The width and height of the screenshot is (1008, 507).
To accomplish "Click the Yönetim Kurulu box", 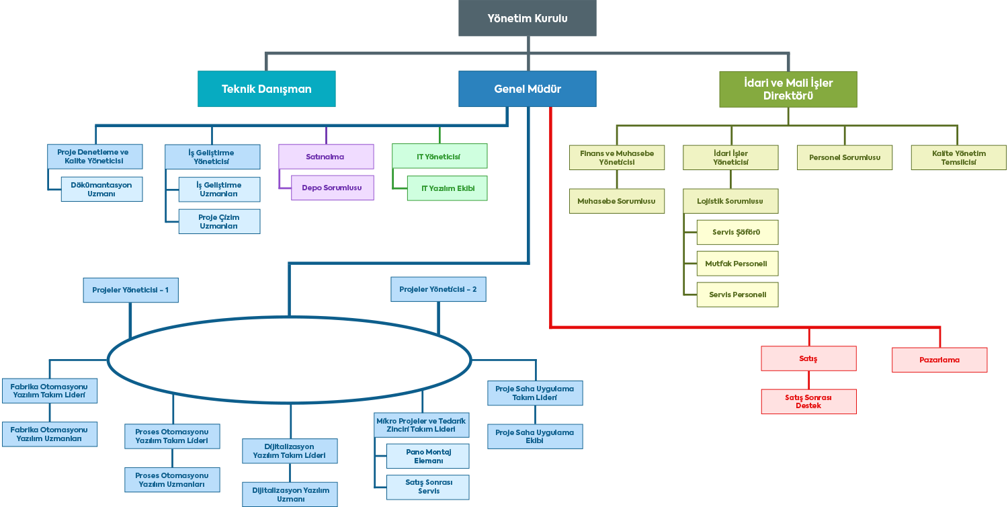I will point(528,18).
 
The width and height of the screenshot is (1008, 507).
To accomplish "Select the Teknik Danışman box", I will point(266,89).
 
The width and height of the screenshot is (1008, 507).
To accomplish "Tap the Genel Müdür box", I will point(528,89).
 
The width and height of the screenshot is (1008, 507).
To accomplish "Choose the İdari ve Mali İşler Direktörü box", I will point(788,89).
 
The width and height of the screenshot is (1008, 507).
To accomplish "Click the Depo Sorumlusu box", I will point(332,188).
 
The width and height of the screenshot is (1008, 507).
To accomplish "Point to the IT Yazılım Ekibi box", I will point(448,188).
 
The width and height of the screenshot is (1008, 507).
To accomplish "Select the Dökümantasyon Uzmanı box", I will point(101,189).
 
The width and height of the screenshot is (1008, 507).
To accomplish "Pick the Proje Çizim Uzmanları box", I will point(219,222).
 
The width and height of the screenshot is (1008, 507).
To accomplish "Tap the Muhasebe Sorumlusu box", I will point(617,201).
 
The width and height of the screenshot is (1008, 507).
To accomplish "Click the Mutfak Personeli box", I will point(737,264).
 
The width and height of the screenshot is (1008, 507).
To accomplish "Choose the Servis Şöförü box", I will point(737,232).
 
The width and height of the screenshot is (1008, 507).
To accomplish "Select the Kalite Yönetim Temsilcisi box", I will point(959,157).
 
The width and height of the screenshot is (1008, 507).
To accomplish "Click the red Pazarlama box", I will point(939,360).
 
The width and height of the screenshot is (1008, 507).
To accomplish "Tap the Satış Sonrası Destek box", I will point(808,401).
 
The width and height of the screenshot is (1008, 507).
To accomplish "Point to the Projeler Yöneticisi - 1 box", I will point(130,290).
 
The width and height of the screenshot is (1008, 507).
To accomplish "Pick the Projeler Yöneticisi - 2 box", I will point(438,289).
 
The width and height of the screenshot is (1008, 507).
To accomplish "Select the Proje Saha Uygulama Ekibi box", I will point(535,436).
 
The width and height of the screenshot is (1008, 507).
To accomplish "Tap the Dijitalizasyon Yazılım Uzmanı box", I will point(291,494).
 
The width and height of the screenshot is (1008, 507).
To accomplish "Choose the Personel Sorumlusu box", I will point(845,157).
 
